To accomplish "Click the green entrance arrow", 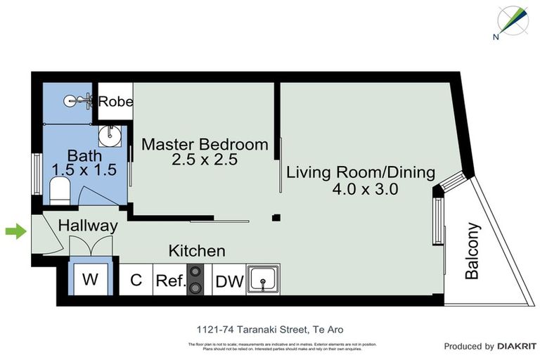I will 15,231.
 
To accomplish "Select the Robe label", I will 115,102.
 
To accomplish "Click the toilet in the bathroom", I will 60,190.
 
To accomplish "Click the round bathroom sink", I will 109,134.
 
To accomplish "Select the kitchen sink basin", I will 263,281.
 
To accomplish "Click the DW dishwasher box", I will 229,282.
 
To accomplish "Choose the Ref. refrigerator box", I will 170,282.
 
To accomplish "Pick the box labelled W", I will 90,280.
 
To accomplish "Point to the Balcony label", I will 472,251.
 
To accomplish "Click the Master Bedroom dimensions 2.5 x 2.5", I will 205,160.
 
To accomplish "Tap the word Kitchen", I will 196,250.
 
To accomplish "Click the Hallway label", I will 87,226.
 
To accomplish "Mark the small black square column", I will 276,217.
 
